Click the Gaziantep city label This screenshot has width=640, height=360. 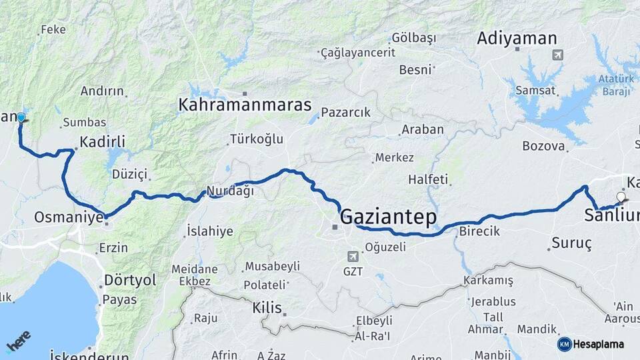[388, 217]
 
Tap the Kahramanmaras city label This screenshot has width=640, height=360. [245, 105]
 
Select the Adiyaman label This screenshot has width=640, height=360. [517, 39]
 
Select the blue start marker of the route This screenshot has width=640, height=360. [21, 118]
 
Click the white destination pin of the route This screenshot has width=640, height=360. [621, 197]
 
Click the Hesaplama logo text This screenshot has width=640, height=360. [598, 344]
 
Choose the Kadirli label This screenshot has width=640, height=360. [102, 141]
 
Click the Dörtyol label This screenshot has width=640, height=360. [130, 280]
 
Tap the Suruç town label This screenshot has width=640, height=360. [571, 243]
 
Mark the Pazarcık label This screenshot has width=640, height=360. [345, 113]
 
